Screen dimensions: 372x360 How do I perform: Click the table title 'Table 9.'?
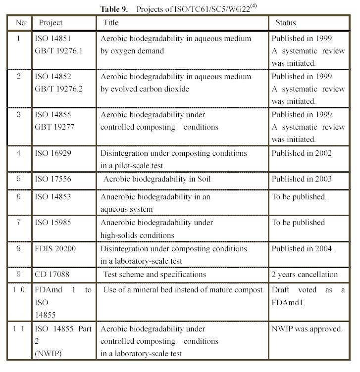click(x=115, y=9)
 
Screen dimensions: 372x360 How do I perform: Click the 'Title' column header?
click(x=111, y=23)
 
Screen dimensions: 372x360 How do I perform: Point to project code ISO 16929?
click(x=53, y=153)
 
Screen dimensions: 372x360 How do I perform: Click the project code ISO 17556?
click(x=53, y=179)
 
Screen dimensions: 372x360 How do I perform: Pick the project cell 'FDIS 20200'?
click(x=55, y=248)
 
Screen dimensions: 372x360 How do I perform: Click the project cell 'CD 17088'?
click(x=52, y=274)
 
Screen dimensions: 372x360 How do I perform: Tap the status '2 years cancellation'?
click(x=305, y=274)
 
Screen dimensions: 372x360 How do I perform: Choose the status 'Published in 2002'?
click(x=302, y=153)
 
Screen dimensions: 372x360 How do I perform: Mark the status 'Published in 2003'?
click(x=302, y=179)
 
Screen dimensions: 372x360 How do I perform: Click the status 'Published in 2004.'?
click(x=303, y=248)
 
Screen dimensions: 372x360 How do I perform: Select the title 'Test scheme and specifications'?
click(x=154, y=274)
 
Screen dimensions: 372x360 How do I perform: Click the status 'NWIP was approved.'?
click(x=307, y=328)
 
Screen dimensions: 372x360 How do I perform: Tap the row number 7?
click(x=19, y=222)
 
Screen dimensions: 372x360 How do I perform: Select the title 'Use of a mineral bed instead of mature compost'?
click(x=183, y=290)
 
